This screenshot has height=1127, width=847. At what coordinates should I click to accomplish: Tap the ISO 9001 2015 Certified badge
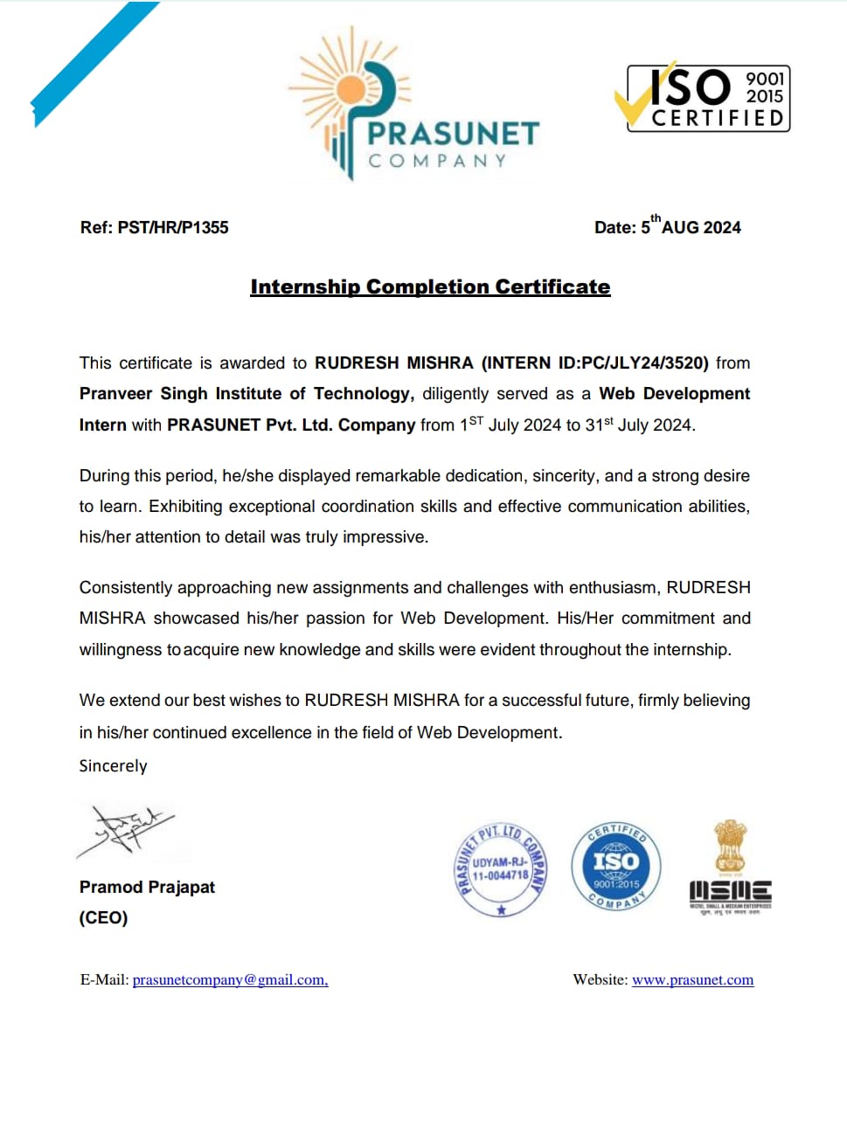coord(707,99)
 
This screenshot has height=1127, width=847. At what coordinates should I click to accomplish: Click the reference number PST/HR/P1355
coord(173,228)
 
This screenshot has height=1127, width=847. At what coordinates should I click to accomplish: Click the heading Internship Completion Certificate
coord(430,287)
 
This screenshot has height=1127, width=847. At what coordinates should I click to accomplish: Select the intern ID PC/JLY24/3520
coord(644,363)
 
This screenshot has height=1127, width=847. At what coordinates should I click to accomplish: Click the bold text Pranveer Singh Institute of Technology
coord(246,394)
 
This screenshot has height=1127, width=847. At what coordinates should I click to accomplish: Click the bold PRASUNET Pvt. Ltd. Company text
coord(291,425)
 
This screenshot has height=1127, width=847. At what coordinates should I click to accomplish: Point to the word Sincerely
coord(113,766)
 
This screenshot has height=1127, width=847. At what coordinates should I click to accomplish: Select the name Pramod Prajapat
coord(147,888)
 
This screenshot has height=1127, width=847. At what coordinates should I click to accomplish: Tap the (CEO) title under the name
coord(103,918)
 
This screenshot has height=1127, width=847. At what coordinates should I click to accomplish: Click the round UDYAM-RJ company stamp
coord(502,869)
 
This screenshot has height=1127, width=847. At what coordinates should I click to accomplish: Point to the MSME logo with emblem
coord(730,869)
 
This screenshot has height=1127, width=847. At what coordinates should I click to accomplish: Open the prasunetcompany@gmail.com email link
coord(230,980)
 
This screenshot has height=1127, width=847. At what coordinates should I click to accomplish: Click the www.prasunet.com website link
coord(692,980)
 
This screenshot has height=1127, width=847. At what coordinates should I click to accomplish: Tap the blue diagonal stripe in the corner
coord(93,63)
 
